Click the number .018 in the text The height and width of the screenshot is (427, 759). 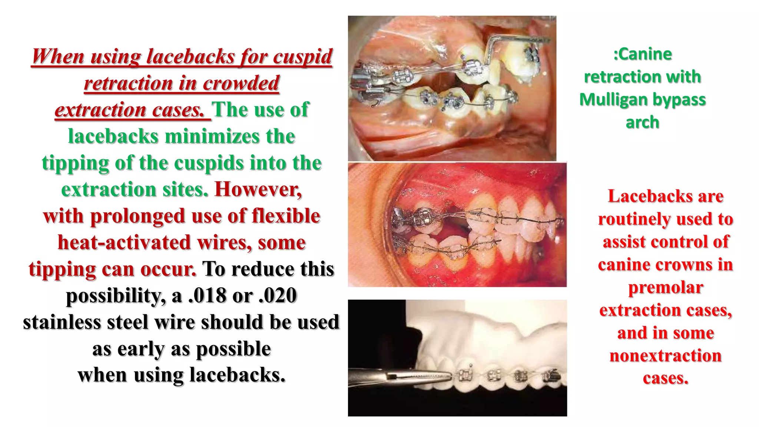pyautogui.click(x=207, y=295)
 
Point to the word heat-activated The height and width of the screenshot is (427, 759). pyautogui.click(x=125, y=242)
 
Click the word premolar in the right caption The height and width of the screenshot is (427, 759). pyautogui.click(x=666, y=287)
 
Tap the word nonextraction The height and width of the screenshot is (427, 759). pyautogui.click(x=666, y=355)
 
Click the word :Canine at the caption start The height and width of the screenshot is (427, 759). pyautogui.click(x=642, y=54)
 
